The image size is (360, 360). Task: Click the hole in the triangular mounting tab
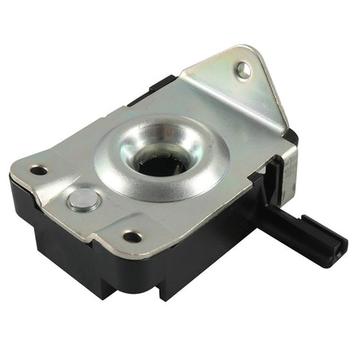click(x=243, y=70)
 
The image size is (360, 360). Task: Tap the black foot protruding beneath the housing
click(x=169, y=288)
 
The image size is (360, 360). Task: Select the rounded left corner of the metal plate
click(x=22, y=166)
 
